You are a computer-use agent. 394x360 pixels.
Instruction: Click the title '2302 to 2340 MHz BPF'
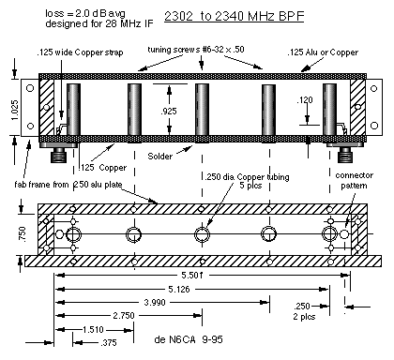tap(234, 16)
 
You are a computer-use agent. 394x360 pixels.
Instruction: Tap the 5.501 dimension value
tap(192, 276)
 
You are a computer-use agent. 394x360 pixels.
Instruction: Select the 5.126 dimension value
tap(179, 289)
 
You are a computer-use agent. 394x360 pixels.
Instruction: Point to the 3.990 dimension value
tap(155, 303)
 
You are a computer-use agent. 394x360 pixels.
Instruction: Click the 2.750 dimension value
tap(124, 316)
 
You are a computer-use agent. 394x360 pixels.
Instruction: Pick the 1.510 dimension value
tap(93, 330)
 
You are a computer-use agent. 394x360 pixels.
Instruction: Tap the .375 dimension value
tap(109, 343)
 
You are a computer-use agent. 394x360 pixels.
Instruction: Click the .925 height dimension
tap(169, 111)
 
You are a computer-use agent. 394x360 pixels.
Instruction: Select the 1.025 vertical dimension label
tap(15, 109)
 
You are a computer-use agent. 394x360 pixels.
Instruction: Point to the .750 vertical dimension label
tap(23, 233)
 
